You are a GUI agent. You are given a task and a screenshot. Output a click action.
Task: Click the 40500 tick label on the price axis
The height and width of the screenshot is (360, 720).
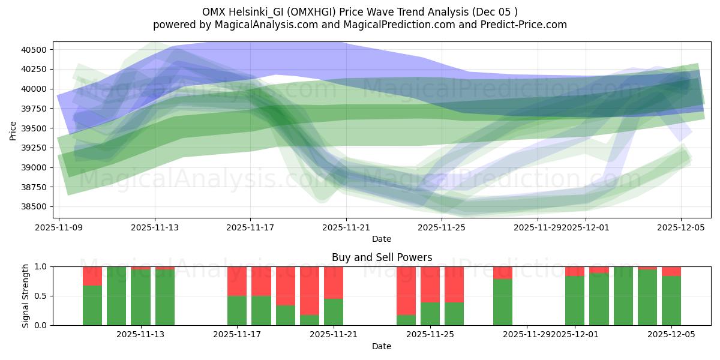click(35, 50)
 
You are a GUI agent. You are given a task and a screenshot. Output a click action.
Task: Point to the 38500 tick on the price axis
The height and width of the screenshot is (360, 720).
click(35, 207)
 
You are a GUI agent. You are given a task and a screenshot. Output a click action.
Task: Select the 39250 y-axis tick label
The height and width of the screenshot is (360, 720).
click(35, 148)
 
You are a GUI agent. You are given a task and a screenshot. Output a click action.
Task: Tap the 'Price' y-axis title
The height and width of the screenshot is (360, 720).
click(13, 130)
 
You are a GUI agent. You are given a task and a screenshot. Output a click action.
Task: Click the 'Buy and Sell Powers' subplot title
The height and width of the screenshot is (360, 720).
click(382, 257)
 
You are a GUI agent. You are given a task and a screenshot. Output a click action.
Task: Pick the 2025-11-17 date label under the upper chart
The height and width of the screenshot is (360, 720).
click(250, 227)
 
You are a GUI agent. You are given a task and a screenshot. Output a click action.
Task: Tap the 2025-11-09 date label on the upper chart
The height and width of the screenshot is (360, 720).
click(59, 227)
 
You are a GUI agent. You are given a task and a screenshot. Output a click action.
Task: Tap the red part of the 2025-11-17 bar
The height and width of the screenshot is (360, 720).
click(237, 281)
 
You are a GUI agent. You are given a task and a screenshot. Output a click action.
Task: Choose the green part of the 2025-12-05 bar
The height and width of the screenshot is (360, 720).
click(671, 300)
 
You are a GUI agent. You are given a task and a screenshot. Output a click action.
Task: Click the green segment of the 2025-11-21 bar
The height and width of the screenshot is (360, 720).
click(334, 312)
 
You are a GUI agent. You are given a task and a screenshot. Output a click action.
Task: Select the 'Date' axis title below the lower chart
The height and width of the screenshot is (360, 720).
click(382, 346)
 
